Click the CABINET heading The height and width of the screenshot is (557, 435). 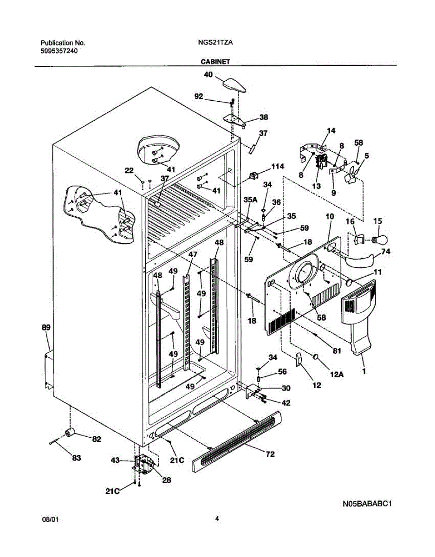click(215, 62)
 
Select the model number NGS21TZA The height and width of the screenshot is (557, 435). click(215, 43)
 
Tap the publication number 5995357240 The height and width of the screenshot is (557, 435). click(59, 51)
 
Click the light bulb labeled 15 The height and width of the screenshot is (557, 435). click(379, 240)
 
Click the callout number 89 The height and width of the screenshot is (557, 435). click(46, 327)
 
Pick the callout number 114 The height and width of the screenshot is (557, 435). click(277, 166)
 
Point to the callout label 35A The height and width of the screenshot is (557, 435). click(250, 200)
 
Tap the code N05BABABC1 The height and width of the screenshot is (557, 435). click(367, 504)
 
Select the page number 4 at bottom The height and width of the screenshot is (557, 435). click(217, 518)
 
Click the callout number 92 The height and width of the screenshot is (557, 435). click(199, 97)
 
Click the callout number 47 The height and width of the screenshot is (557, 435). click(193, 254)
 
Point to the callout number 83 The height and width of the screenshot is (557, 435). click(77, 458)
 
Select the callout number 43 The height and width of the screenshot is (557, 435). click(115, 460)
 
